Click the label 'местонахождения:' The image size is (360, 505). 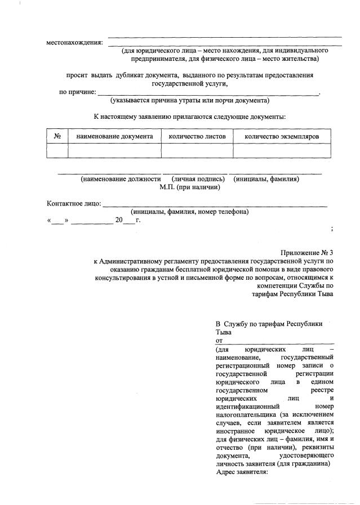[75, 43]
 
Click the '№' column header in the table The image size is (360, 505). [57, 136]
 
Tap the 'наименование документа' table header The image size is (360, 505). [114, 136]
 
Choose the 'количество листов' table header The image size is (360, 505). [197, 136]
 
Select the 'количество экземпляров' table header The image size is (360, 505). [282, 136]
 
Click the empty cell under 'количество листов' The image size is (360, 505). [197, 150]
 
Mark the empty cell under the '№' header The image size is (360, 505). [57, 150]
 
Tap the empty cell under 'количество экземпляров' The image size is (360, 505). [282, 150]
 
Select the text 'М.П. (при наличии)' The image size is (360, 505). [190, 187]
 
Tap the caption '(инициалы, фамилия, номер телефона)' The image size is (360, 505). [190, 212]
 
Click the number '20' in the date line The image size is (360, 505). [118, 220]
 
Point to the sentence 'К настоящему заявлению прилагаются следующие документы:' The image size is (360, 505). [190, 117]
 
